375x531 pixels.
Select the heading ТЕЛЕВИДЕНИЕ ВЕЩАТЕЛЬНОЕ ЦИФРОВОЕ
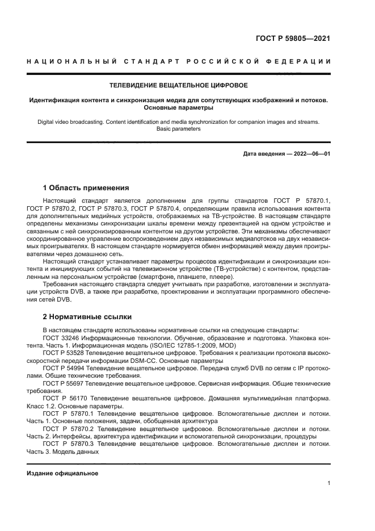[178, 86]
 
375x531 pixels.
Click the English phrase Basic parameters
[178, 129]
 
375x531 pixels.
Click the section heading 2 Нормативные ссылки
[87, 316]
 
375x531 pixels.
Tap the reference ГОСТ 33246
[60, 337]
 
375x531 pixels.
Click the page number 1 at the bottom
[329, 483]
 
